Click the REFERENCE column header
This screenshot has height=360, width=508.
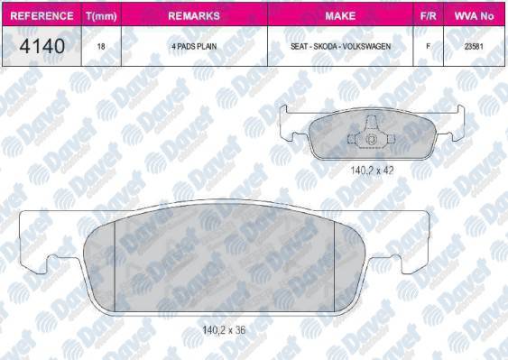42,15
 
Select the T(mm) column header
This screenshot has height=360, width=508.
101,16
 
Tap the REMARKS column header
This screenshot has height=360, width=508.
194,15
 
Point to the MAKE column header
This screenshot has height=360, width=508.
340,15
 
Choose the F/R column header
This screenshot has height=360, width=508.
428,15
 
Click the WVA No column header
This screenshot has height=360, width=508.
474,15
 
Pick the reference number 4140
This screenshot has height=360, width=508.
42,46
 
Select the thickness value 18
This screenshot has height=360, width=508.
101,46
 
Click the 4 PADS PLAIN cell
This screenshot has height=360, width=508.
194,46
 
